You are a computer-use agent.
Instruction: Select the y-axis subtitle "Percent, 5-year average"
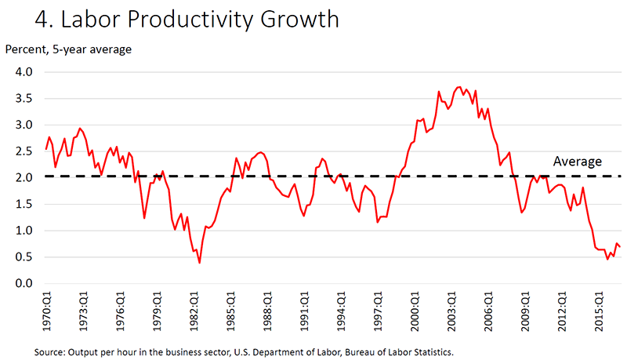coord(68,49)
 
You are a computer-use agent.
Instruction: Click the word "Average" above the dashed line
coord(577,162)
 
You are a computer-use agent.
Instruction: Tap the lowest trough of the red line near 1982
coord(199,262)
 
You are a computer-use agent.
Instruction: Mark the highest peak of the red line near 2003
coord(459,87)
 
